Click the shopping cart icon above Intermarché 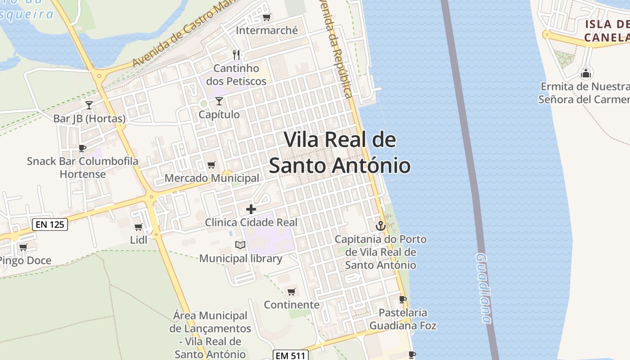point(266,18)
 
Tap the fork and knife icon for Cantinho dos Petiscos point(236,55)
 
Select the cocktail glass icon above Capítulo point(219,101)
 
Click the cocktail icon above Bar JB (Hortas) point(89,105)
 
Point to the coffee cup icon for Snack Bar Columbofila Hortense point(82,148)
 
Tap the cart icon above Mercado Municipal point(211,165)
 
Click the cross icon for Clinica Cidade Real point(251,209)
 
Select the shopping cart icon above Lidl point(138,227)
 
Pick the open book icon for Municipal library point(240,245)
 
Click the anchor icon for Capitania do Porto point(381,226)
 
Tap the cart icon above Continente point(291,292)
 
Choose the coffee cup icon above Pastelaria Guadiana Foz point(403,299)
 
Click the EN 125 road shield point(50,224)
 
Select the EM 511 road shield point(291,355)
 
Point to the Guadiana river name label point(483,288)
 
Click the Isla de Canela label point(607,31)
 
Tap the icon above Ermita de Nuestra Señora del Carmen point(586,73)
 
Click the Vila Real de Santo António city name point(340,153)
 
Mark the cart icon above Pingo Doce point(23,247)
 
